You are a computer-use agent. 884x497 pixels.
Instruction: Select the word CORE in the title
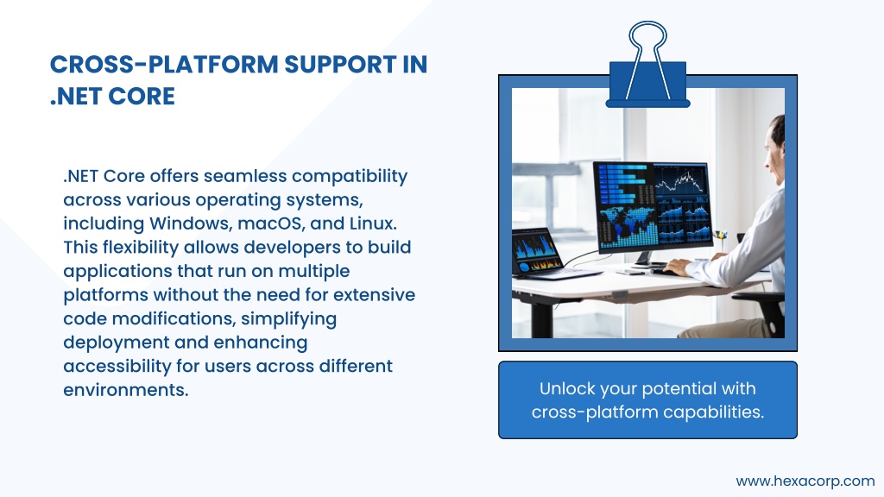point(142,97)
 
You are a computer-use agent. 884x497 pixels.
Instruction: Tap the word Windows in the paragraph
point(191,223)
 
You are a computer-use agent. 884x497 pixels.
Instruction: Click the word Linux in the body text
point(373,223)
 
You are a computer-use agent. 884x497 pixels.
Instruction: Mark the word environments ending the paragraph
point(126,390)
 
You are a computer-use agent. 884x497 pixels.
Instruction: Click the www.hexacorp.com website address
point(805,481)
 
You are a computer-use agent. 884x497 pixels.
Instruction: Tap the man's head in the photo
point(774,149)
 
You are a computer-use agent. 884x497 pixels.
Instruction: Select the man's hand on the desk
point(679,267)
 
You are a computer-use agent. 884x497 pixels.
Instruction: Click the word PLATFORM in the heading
point(212,64)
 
